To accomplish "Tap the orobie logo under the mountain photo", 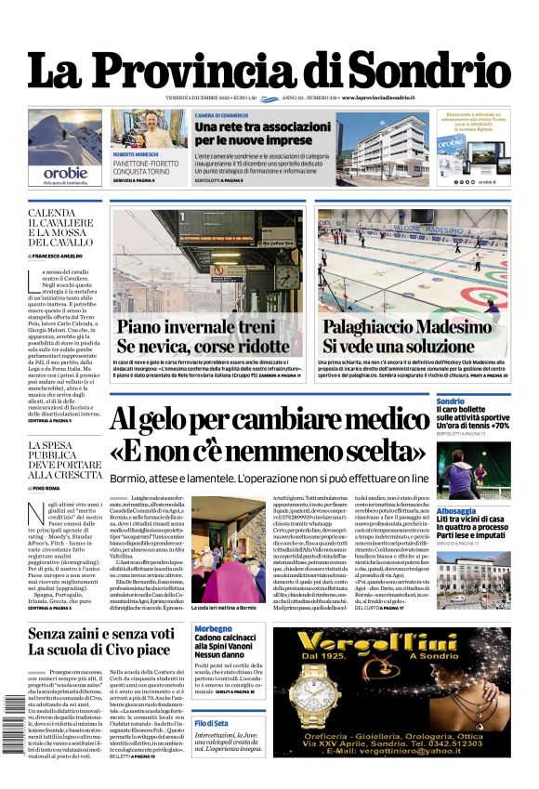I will pyautogui.click(x=65, y=173).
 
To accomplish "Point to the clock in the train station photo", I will pyautogui.click(x=287, y=276).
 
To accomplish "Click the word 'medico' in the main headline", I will pyautogui.click(x=396, y=419).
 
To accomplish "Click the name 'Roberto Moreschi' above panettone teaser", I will pyautogui.click(x=136, y=153).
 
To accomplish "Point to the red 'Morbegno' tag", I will pyautogui.click(x=213, y=629).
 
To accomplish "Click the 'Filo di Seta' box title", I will pyautogui.click(x=211, y=722).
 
